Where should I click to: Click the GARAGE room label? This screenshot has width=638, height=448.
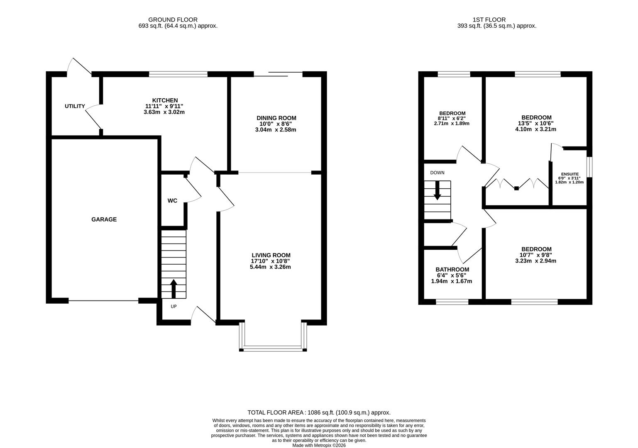click(x=104, y=219)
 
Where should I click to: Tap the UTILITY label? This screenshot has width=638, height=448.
click(x=75, y=106)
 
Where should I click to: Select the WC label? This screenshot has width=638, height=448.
click(x=172, y=201)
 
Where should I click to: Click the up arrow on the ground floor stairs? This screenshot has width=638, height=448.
click(x=174, y=289)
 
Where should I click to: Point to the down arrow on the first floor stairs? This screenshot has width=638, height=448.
click(x=437, y=192)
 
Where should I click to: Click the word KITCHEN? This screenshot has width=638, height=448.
click(x=165, y=100)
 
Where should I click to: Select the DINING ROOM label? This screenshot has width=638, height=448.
click(x=276, y=118)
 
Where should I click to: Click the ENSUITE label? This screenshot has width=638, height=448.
click(x=570, y=174)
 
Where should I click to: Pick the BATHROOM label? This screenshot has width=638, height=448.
click(x=452, y=270)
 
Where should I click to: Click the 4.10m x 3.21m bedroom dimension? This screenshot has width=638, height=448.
click(x=536, y=129)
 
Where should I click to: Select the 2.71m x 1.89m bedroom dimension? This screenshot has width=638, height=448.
click(x=452, y=124)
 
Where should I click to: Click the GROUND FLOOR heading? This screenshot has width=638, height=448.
click(x=173, y=19)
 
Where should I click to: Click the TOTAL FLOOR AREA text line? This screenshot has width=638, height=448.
click(x=319, y=413)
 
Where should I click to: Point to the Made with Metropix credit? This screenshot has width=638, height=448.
click(x=319, y=446)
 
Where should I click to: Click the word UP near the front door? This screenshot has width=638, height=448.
click(x=174, y=307)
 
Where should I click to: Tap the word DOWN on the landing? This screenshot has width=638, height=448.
click(x=437, y=173)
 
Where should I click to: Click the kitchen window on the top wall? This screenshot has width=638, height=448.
click(x=178, y=74)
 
